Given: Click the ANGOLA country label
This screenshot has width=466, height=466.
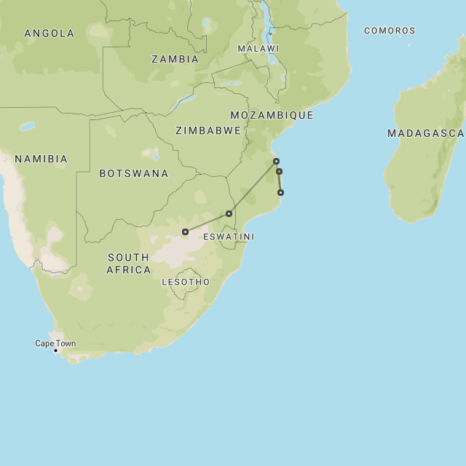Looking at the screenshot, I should tap(49, 33).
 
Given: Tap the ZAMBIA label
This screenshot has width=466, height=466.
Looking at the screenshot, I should tap(175, 60).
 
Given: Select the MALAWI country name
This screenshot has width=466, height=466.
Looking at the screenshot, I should tap(258, 49).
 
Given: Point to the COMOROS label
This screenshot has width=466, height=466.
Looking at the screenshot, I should tap(390, 31).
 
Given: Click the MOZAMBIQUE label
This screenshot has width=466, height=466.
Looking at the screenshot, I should tap(272, 115).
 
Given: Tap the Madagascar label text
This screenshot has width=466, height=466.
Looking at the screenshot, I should tap(425, 133).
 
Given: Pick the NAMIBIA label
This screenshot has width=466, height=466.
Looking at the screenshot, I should tap(41, 159).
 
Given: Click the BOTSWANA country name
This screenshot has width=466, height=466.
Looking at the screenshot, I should tap(134, 173).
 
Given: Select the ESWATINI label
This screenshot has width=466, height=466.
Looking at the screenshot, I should tap(229, 237).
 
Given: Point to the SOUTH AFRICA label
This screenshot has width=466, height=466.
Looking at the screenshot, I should tap(129, 264).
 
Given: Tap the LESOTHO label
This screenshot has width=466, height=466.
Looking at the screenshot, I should tap(186, 282).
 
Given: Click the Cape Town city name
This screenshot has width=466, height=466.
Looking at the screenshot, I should tap(55, 344).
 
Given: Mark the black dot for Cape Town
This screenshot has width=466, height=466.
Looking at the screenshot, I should tap(55, 351).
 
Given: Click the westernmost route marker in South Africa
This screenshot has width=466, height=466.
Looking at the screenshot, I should tap(186, 232).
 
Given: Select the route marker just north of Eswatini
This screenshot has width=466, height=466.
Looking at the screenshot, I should tap(229, 213).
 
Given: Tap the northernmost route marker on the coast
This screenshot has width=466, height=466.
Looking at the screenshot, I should tap(276, 161).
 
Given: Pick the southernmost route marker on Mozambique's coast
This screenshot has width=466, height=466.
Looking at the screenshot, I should tap(280, 193).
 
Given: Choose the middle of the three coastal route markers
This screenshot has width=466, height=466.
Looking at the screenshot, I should tap(279, 172).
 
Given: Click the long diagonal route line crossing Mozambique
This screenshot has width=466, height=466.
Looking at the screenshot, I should tap(253, 187).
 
